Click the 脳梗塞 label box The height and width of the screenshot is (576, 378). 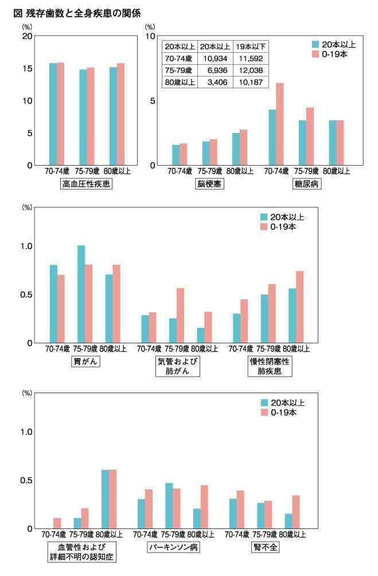pyautogui.click(x=209, y=185)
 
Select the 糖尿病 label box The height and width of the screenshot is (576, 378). pyautogui.click(x=307, y=185)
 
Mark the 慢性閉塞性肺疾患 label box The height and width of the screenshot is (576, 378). pyautogui.click(x=270, y=367)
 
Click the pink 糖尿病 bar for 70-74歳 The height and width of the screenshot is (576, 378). pyautogui.click(x=280, y=124)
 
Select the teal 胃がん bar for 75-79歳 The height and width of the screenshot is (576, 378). pyautogui.click(x=81, y=294)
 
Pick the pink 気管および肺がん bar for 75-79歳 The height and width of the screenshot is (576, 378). pyautogui.click(x=180, y=315)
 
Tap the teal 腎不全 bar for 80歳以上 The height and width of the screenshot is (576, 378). pyautogui.click(x=288, y=521)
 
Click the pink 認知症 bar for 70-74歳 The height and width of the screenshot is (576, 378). pyautogui.click(x=57, y=523)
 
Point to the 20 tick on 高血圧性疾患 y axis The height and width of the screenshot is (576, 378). pyautogui.click(x=27, y=36)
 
